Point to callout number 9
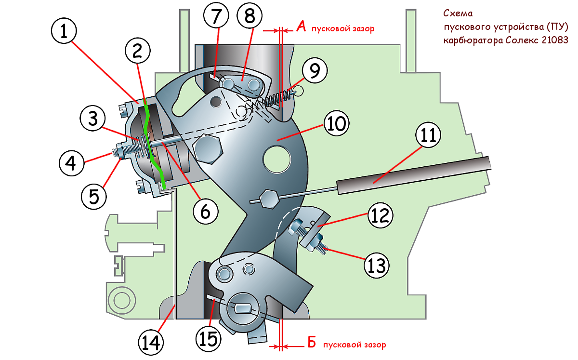[x=314, y=71]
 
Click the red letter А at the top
[x=301, y=27]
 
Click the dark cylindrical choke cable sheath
[x=414, y=174]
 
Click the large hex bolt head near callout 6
[x=208, y=149]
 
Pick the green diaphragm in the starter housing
[x=153, y=145]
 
